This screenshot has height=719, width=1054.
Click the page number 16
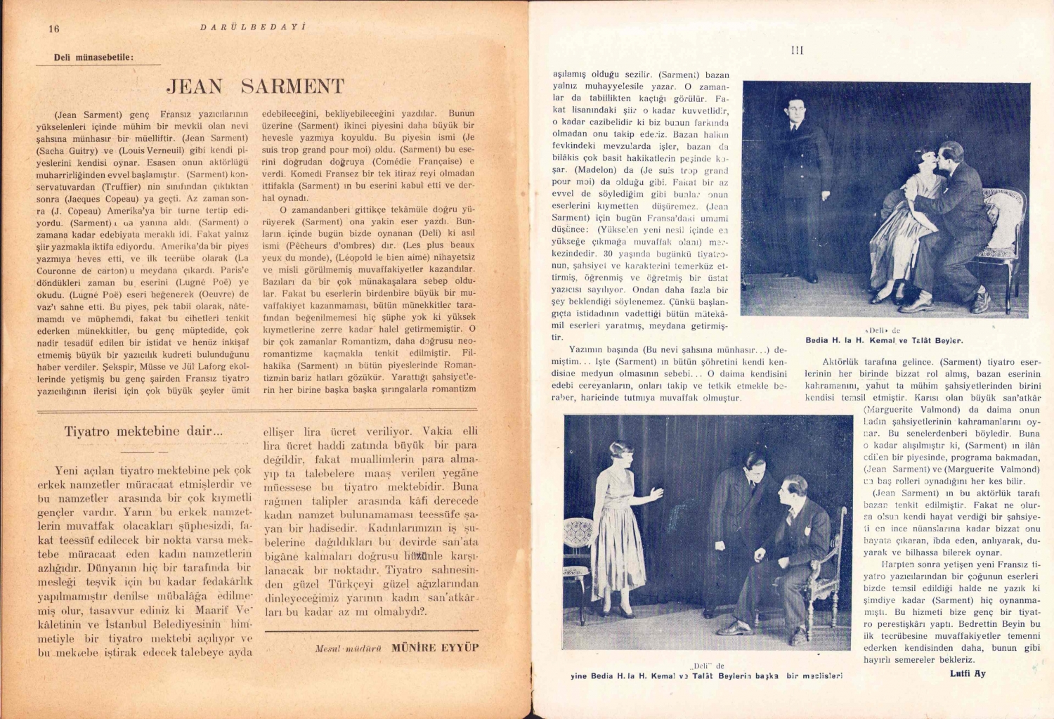coord(54,29)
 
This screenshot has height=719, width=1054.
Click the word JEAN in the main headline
coord(195,86)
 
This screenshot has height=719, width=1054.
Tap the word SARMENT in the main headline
coord(292,86)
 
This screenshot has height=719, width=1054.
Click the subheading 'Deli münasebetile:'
coord(93,58)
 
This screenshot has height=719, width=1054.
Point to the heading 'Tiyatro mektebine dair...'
coord(143,432)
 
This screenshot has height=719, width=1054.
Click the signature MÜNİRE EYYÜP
coord(434,647)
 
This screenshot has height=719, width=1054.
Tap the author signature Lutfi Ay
coord(968,673)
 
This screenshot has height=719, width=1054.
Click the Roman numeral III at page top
coord(797,51)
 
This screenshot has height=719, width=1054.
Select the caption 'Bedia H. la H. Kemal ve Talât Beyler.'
coord(884,341)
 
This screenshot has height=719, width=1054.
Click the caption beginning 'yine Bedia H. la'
coord(706,676)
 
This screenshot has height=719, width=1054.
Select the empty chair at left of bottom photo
coord(580,555)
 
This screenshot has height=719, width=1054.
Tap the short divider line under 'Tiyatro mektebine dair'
coord(143,451)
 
